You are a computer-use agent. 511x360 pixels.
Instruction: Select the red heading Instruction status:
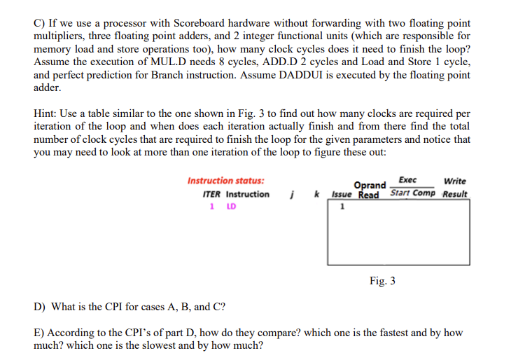pyautogui.click(x=220, y=181)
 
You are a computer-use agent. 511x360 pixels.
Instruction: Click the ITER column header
pyautogui.click(x=211, y=194)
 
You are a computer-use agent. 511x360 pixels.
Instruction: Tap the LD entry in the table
pyautogui.click(x=232, y=207)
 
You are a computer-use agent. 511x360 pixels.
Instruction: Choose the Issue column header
pyautogui.click(x=341, y=194)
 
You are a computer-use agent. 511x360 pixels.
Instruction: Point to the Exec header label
pyautogui.click(x=408, y=180)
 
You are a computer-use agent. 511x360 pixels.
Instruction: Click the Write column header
pyautogui.click(x=455, y=181)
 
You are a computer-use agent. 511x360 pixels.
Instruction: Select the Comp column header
pyautogui.click(x=425, y=193)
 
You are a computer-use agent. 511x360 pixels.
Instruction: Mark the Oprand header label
pyautogui.click(x=371, y=186)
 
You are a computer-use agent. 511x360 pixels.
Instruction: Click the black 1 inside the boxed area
pyautogui.click(x=342, y=207)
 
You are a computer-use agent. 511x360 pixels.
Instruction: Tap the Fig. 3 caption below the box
pyautogui.click(x=382, y=281)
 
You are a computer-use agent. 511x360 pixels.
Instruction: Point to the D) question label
pyautogui.click(x=40, y=307)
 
